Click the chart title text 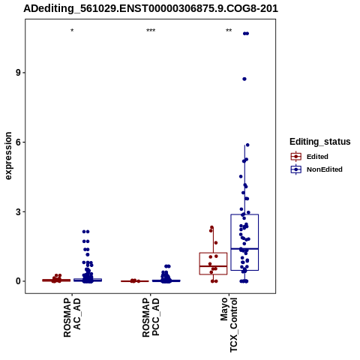(151, 8)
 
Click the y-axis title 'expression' (8, 156)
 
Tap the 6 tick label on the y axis (18, 142)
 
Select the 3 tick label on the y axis (18, 211)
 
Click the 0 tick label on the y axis (18, 281)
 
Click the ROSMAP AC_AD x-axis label (72, 317)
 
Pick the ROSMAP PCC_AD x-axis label (151, 317)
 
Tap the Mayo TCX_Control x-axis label (229, 325)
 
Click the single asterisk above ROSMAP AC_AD (72, 31)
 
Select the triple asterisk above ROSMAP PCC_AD (151, 31)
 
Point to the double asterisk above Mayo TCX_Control (229, 31)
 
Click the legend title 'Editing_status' (320, 142)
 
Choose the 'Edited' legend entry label (317, 157)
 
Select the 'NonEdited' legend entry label (325, 169)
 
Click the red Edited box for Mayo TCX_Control (213, 253)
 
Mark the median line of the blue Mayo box (244, 249)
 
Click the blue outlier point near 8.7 (244, 79)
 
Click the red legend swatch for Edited (296, 157)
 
